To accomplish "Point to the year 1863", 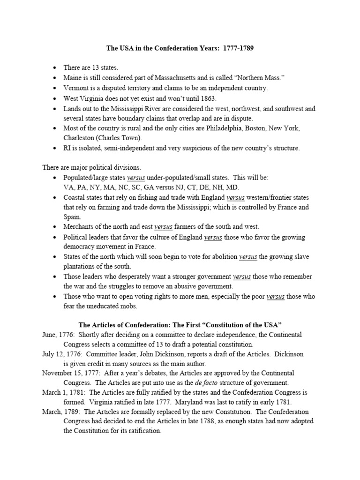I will click(x=207, y=98).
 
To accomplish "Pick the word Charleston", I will click(x=80, y=138).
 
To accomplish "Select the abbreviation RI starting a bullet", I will click(x=68, y=149).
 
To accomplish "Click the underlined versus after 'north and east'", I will click(x=164, y=227).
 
